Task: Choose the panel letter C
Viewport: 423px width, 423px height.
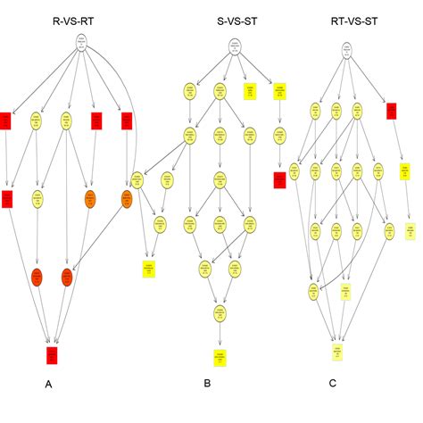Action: point(333,383)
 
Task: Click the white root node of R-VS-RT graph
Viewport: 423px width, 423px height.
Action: point(81,42)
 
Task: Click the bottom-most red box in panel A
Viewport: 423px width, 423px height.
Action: point(53,355)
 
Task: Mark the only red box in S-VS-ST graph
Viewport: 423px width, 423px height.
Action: point(279,181)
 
